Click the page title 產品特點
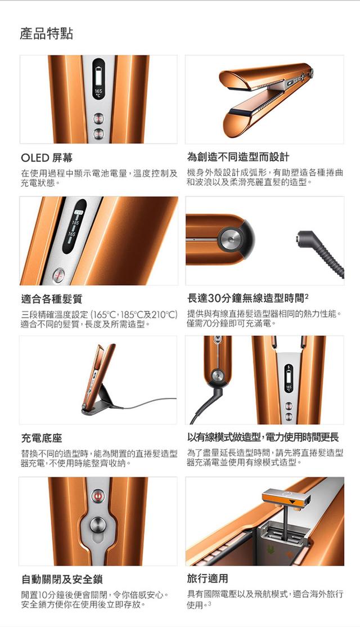point(46,34)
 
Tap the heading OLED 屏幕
point(47,158)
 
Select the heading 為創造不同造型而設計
point(238,156)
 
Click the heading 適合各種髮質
point(52,299)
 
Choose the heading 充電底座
point(42,438)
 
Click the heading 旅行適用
point(208,578)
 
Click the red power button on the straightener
point(97,496)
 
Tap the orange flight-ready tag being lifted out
point(286,500)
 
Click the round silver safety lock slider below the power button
point(97,524)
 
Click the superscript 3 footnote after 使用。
point(209,603)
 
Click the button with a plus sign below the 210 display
point(58,276)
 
